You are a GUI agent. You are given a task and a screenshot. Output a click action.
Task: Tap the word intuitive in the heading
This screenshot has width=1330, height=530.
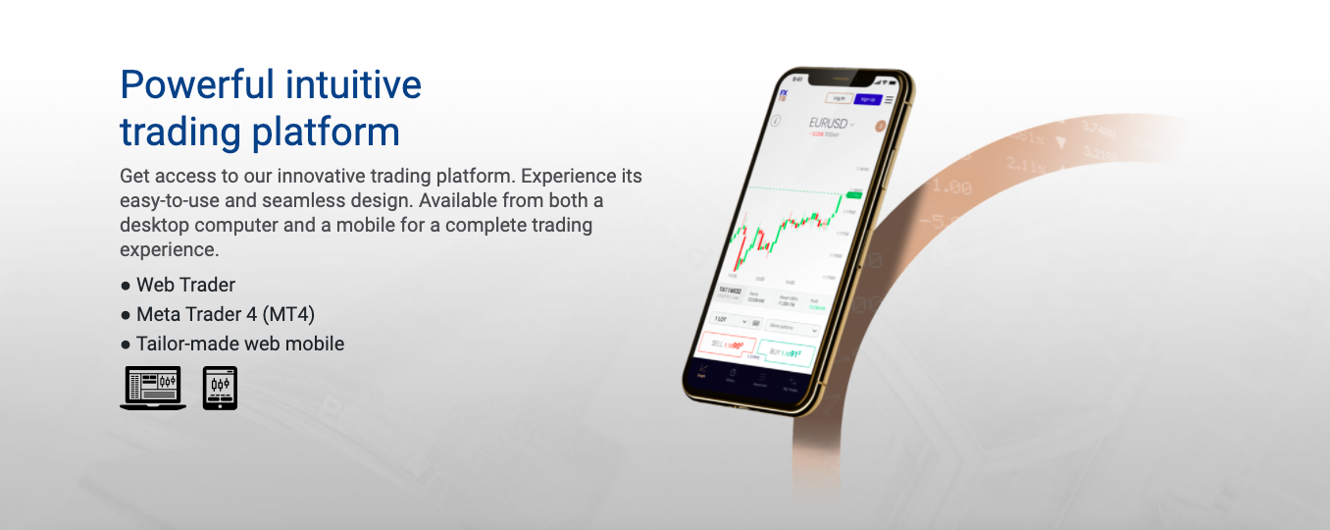point(353,85)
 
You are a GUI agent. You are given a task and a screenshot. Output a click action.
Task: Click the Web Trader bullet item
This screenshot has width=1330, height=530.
point(185,286)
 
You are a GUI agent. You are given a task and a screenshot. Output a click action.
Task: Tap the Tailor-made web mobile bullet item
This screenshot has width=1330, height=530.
point(239,344)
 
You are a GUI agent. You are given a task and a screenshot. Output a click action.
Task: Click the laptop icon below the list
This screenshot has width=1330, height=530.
point(153,388)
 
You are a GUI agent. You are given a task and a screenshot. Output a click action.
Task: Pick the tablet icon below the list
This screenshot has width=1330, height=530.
point(220,388)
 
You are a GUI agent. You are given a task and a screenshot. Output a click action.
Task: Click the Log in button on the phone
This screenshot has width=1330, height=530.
point(837,98)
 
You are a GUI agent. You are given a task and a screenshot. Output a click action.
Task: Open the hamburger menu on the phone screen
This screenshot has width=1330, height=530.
point(890,100)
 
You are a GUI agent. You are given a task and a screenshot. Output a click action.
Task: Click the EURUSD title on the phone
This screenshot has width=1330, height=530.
point(829,124)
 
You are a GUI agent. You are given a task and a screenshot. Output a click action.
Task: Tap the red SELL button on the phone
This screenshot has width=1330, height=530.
point(728,344)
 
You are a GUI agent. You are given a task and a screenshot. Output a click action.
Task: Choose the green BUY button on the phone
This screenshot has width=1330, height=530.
point(787,352)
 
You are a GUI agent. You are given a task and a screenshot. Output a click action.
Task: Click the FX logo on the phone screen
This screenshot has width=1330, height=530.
point(784,95)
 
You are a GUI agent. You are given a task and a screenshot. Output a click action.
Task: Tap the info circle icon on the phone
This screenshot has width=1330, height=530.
point(776,121)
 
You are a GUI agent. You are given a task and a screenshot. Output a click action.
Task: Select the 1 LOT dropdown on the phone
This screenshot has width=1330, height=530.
point(727,321)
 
